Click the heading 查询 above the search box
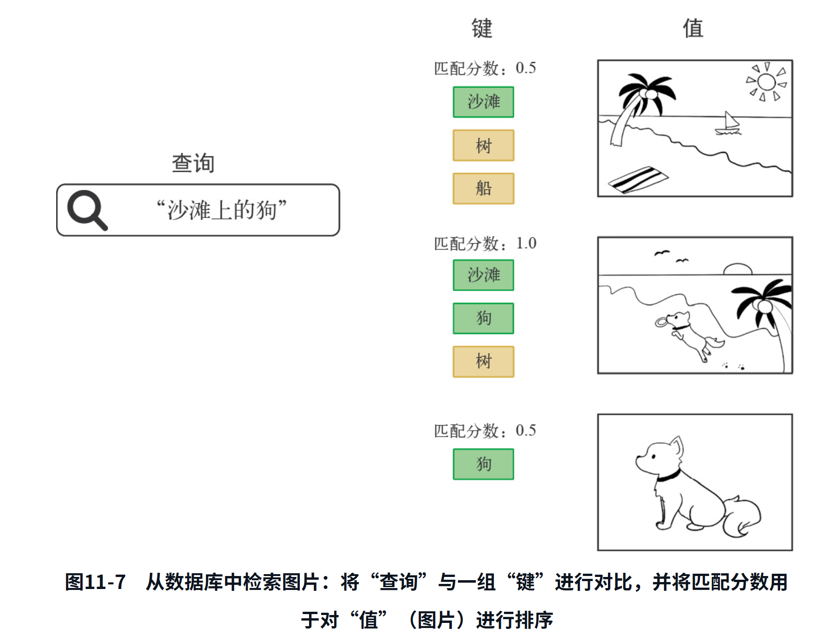click(193, 163)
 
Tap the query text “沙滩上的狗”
click(221, 210)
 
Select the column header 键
click(482, 28)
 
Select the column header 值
click(693, 28)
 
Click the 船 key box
click(484, 188)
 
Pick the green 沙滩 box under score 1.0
click(484, 275)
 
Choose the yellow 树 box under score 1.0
click(484, 362)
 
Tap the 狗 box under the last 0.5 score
click(484, 464)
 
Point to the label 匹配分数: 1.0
click(485, 244)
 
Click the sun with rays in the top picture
click(766, 82)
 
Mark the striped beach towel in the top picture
click(638, 179)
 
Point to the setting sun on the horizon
click(737, 269)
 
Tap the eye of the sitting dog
click(653, 456)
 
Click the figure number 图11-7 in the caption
click(95, 582)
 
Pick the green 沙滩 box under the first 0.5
click(484, 102)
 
